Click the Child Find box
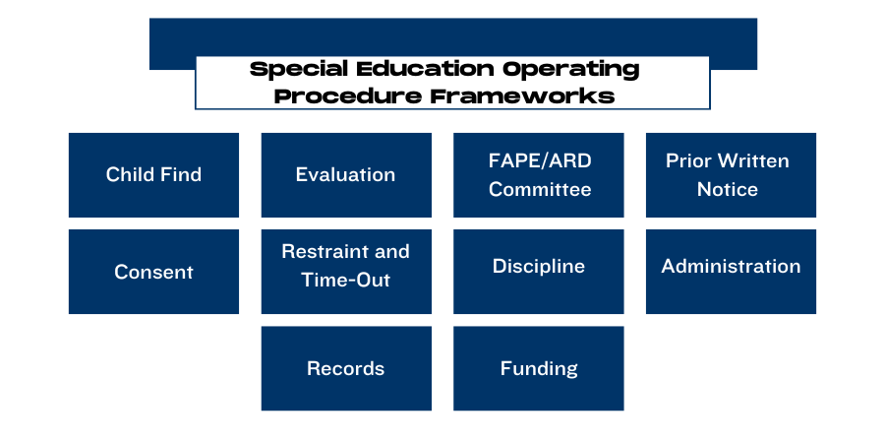[x=153, y=175]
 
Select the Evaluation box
[x=346, y=175]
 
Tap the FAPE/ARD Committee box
[x=539, y=175]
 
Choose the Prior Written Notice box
[x=731, y=175]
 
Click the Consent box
[x=153, y=272]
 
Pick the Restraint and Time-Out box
[x=346, y=272]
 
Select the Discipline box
[x=539, y=272]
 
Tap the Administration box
[x=731, y=272]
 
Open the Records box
[x=346, y=368]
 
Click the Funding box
[x=539, y=368]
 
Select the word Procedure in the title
[x=348, y=96]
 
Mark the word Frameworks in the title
[x=523, y=96]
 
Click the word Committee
[x=540, y=189]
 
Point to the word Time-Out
[x=345, y=281]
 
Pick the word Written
[x=758, y=161]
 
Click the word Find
[x=180, y=174]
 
